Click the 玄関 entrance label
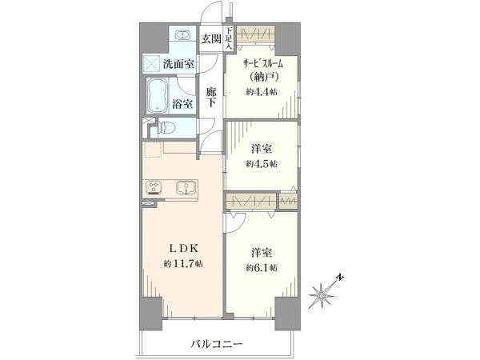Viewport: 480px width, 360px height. (211, 39)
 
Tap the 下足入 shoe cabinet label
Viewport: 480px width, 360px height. (230, 38)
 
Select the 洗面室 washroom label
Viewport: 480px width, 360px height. (178, 64)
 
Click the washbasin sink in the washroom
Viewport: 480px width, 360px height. (183, 35)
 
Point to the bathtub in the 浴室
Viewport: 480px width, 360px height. (157, 96)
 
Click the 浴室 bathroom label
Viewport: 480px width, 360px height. (182, 104)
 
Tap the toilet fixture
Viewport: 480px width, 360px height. (166, 127)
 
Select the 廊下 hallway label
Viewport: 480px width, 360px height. (211, 98)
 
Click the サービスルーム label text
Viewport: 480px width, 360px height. (262, 64)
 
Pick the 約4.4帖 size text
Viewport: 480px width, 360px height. (262, 91)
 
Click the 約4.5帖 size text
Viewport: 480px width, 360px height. (262, 164)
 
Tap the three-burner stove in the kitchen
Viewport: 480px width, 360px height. (154, 188)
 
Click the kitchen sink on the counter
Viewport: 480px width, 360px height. (186, 188)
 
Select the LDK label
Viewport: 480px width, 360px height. (184, 249)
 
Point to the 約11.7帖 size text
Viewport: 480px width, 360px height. (183, 263)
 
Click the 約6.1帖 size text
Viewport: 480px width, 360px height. (262, 268)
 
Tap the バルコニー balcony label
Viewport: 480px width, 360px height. (217, 344)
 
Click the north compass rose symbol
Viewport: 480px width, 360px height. (322, 294)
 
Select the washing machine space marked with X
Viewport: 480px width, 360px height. (151, 64)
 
